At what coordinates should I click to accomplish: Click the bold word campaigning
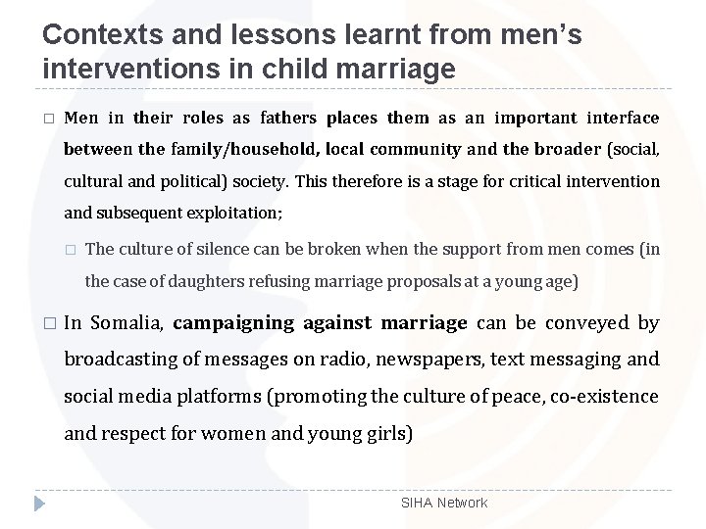tap(235, 322)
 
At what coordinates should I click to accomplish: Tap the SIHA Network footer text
tap(443, 503)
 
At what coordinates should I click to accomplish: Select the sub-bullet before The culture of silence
tap(70, 250)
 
